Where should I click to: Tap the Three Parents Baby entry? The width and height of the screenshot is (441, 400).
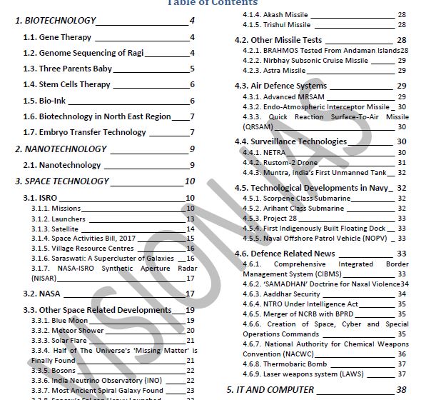pyautogui.click(x=67, y=69)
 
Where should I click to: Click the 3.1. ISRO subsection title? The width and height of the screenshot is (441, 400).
pyautogui.click(x=40, y=198)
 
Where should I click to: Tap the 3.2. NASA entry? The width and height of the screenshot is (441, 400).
pyautogui.click(x=40, y=294)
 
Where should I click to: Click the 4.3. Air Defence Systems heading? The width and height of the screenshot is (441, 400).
pyautogui.click(x=280, y=86)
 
